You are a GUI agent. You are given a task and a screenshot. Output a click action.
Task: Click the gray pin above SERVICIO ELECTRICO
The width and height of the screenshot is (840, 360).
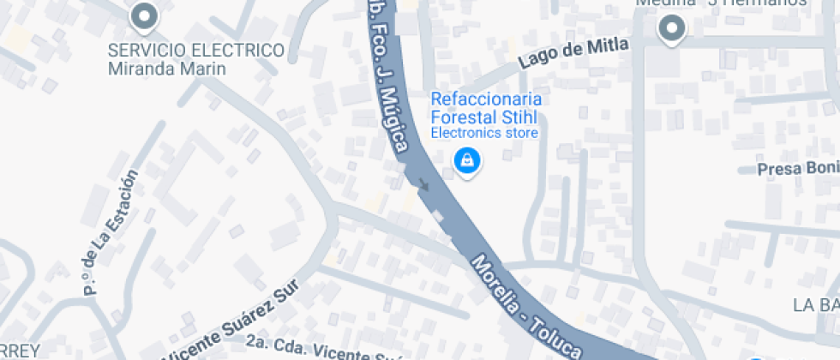click(144, 16)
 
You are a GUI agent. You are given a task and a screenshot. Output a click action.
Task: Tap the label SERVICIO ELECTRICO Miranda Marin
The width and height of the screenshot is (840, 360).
click(195, 59)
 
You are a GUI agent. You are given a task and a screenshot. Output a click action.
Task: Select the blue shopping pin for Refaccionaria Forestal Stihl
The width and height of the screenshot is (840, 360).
click(466, 159)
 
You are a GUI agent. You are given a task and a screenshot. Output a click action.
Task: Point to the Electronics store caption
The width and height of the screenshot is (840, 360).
click(483, 133)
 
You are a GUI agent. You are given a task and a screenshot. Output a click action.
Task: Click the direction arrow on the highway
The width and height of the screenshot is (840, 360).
click(423, 183)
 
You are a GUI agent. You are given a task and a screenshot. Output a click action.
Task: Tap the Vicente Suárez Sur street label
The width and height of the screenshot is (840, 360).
click(232, 321)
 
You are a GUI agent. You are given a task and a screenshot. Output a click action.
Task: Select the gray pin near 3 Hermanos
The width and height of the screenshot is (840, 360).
click(672, 30)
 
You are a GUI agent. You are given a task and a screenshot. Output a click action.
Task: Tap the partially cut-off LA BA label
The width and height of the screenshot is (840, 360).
click(815, 305)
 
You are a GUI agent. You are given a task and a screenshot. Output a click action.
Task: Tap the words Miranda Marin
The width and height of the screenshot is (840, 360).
click(167, 69)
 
